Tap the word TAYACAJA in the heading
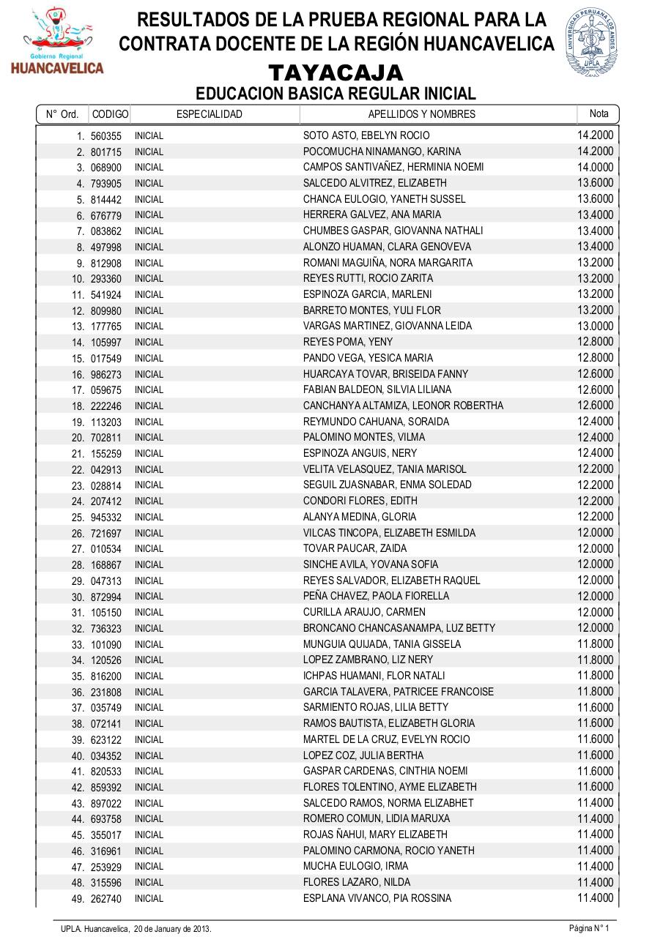pos(336,73)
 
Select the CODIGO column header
pos(110,114)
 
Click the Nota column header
pos(599,113)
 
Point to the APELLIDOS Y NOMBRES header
pos(421,114)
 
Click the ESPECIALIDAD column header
pos(209,114)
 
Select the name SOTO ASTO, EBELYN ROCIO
pos(366,135)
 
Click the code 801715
pos(106,152)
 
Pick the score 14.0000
pos(595,167)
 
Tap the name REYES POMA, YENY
pos(348,342)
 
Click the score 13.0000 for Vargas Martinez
pos(595,326)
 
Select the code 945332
pos(106,518)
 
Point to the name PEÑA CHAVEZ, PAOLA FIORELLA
pos(376,596)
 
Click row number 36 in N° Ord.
pos(78,693)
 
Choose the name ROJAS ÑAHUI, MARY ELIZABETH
pos(375,835)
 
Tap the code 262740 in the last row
pos(106,899)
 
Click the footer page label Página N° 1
pos(589,928)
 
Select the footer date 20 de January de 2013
pos(172,929)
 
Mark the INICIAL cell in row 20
pos(149,438)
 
